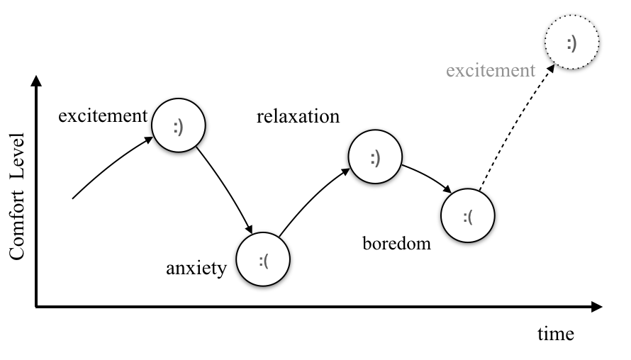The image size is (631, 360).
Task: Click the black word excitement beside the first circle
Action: click(103, 116)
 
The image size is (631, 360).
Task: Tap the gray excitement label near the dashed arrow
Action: click(491, 70)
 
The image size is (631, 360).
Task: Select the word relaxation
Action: click(298, 116)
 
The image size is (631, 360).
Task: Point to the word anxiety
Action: click(196, 268)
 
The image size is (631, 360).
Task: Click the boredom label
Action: click(396, 244)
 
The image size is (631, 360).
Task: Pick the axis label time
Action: click(555, 334)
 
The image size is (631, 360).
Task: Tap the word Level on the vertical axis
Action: click(16, 150)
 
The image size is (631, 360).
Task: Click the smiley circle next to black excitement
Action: click(178, 127)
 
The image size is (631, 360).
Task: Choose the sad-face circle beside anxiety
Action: click(264, 259)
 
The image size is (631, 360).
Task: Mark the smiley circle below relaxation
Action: click(375, 159)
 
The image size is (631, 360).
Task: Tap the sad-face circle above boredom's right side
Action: click(468, 215)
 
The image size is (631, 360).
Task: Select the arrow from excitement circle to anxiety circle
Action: click(225, 189)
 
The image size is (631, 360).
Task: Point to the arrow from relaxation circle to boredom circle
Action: click(428, 178)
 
